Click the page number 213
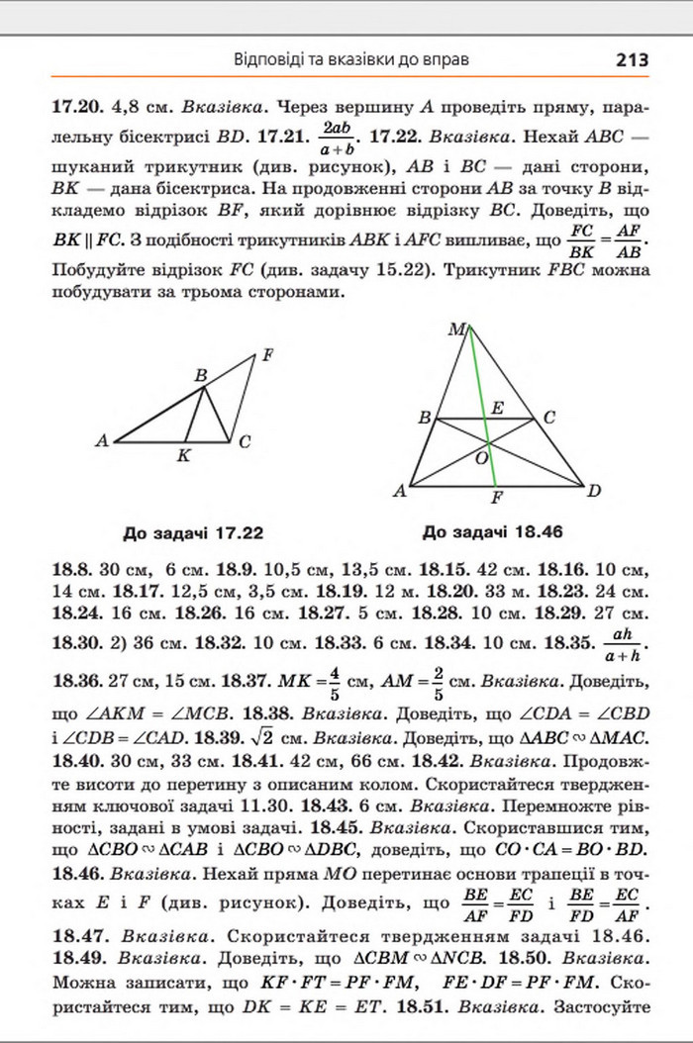coord(631,59)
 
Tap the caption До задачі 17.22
coord(193,531)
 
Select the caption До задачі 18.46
coord(492,531)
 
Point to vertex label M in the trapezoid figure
coord(455,331)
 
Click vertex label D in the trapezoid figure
coord(594,490)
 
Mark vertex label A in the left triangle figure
coord(102,441)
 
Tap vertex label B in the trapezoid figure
coord(425,419)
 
